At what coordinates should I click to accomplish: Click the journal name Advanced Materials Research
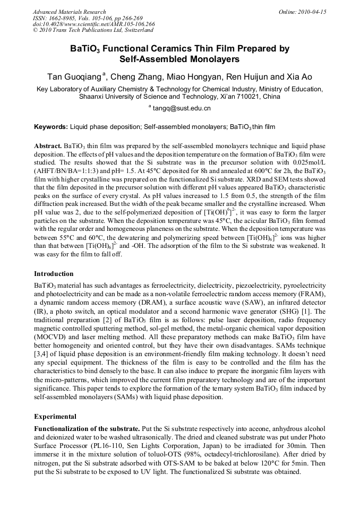(69, 12)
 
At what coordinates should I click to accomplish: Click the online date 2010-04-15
(310, 12)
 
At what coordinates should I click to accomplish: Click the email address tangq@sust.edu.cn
(182, 108)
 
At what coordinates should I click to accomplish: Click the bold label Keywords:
(51, 127)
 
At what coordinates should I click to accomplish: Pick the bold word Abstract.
(48, 145)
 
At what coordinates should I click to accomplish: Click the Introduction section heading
(54, 274)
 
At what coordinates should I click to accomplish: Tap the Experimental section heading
(55, 416)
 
